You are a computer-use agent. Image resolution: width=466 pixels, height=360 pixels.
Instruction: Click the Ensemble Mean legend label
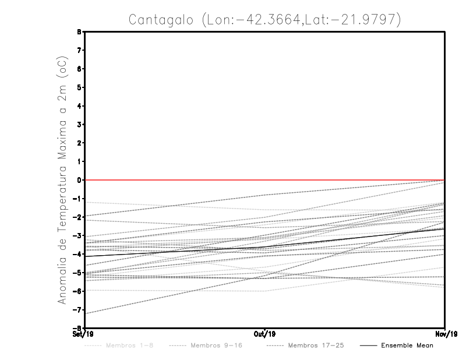click(x=407, y=345)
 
